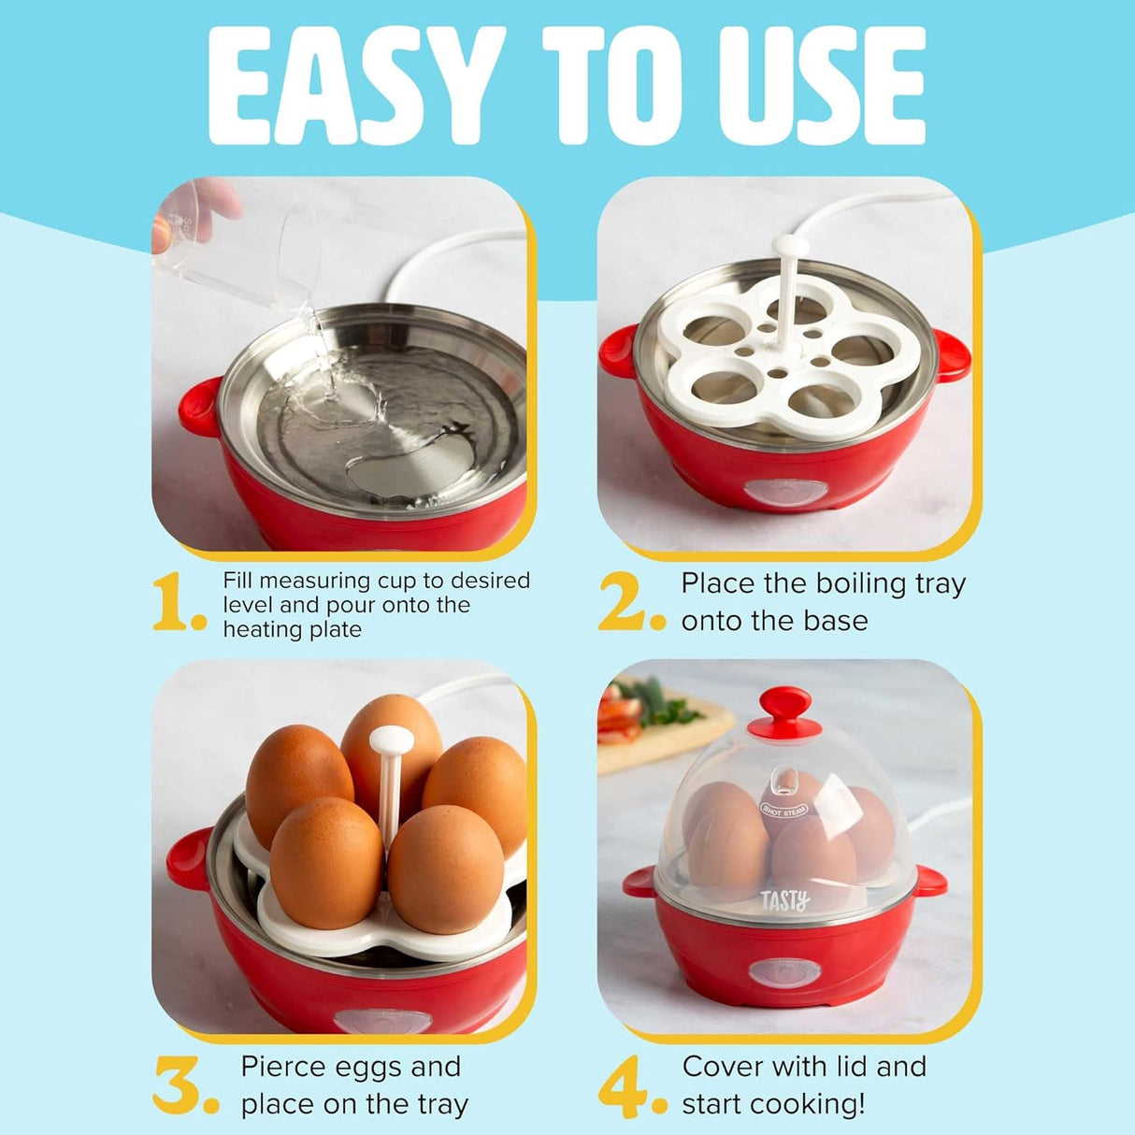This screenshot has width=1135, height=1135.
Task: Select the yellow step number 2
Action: (628, 602)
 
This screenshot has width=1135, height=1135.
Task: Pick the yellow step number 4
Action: (628, 1085)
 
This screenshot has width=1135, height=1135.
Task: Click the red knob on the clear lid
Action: (784, 710)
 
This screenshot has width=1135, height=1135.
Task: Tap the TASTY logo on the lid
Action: (784, 901)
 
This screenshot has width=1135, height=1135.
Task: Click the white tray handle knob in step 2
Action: (790, 246)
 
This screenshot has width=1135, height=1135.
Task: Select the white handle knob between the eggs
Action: (391, 741)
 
